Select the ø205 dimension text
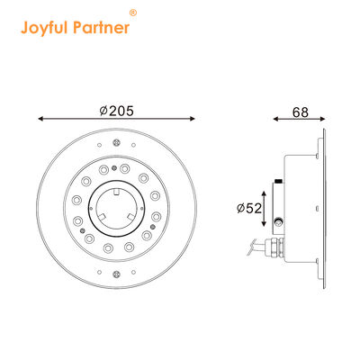tap(116, 111)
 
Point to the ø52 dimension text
tap(248, 208)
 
